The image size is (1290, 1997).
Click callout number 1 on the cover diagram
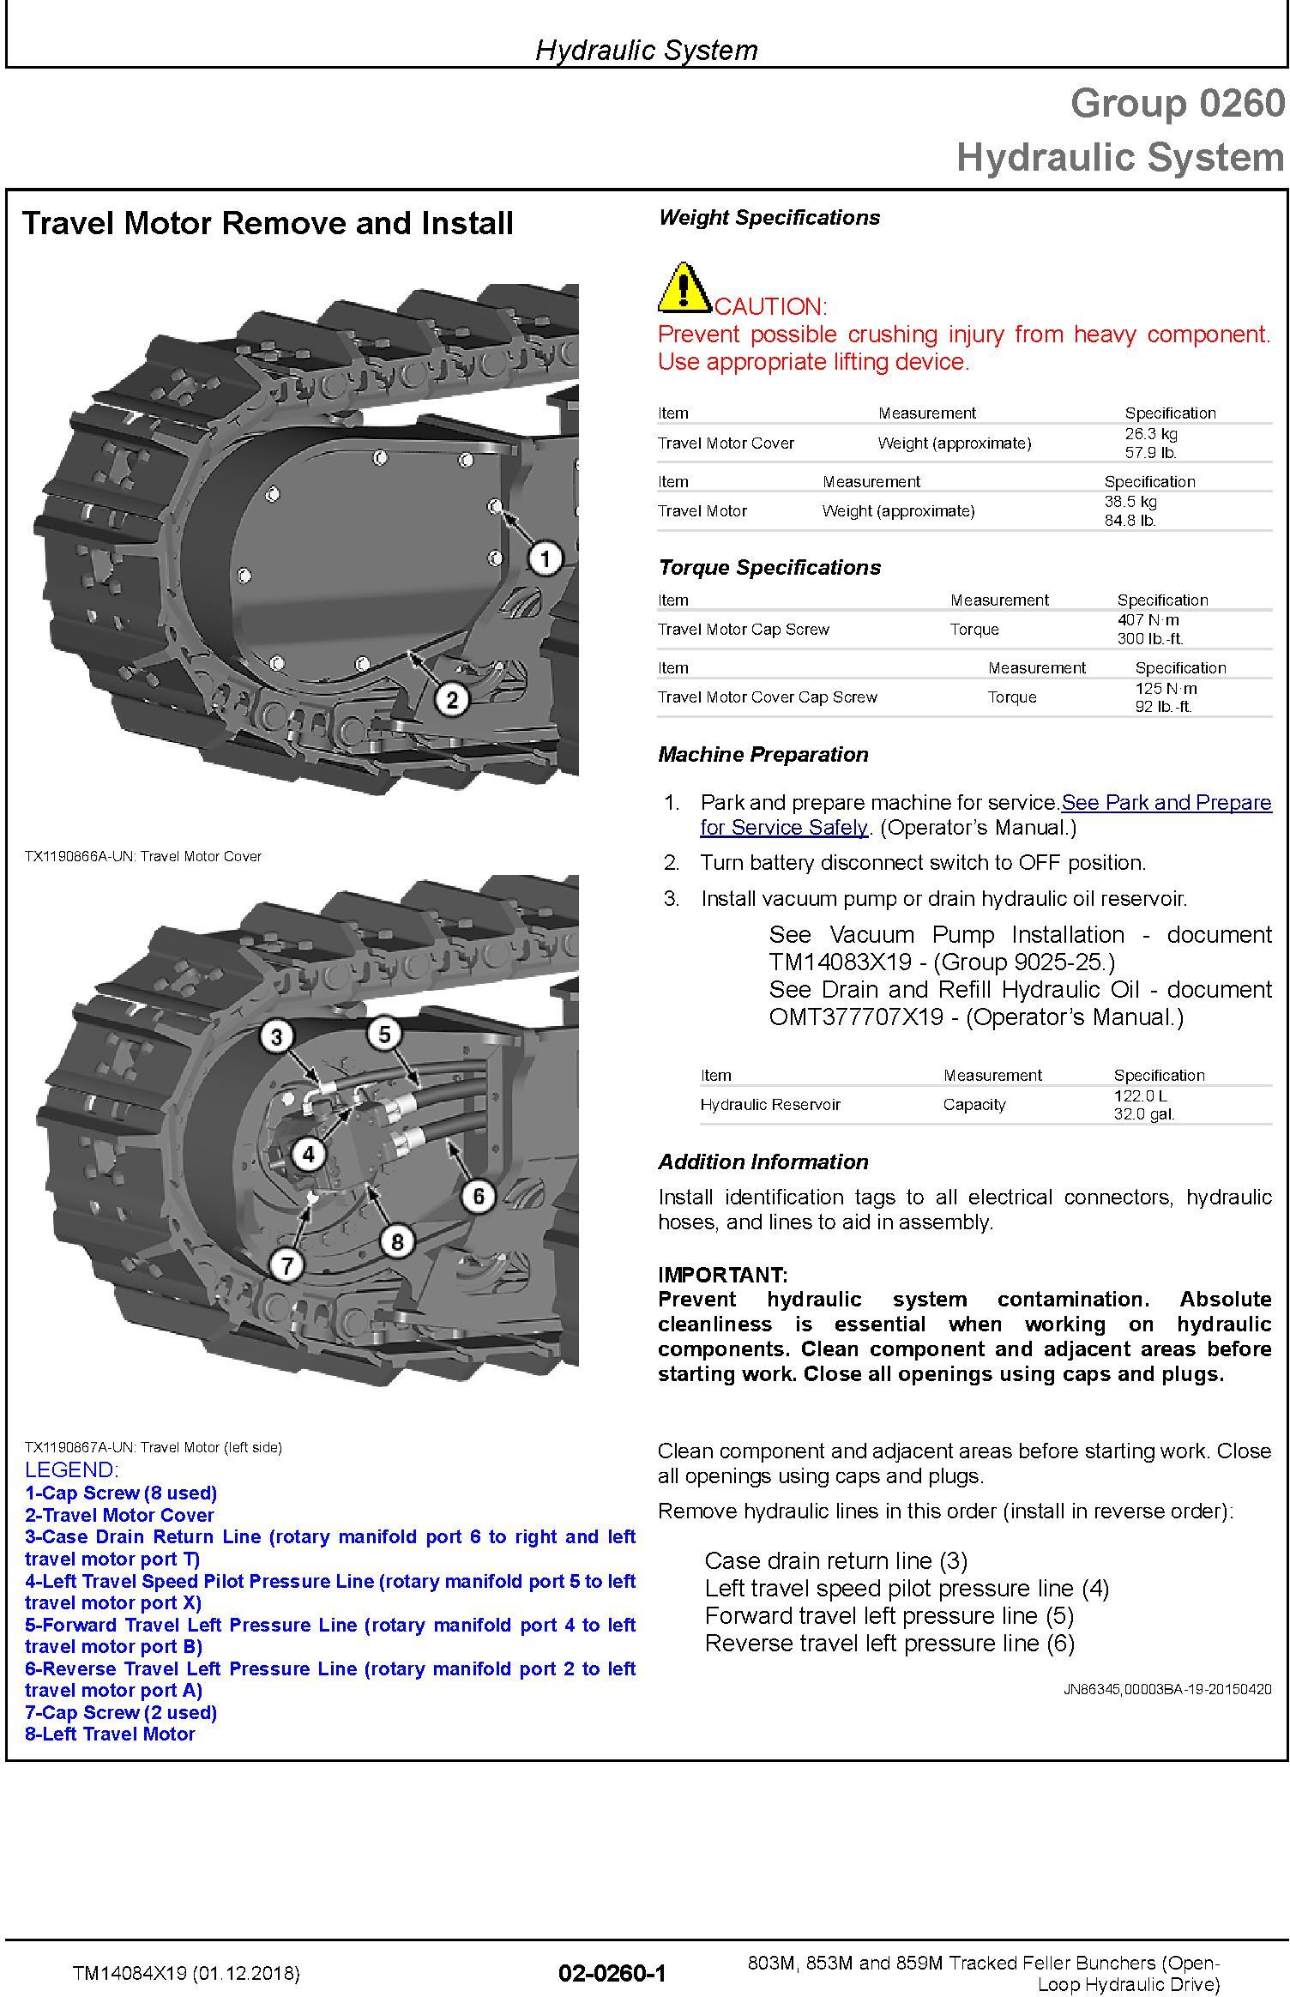pos(546,559)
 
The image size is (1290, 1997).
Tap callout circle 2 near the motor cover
pos(452,700)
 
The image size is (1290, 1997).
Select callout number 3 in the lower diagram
pos(276,1037)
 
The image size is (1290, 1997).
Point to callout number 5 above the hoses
pos(384,1034)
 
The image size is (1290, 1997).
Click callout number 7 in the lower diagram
pos(286,1264)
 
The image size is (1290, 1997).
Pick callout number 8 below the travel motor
pos(397,1241)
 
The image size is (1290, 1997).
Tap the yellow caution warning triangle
pos(683,288)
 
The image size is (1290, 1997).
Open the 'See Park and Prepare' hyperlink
pos(1166,802)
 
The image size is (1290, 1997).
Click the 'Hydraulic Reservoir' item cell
pos(769,1104)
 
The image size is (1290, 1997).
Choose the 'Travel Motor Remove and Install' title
pos(268,223)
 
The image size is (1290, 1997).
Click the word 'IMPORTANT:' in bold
pos(722,1274)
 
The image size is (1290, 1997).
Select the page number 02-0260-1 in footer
pos(612,1973)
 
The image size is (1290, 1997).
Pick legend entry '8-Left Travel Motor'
pos(110,1734)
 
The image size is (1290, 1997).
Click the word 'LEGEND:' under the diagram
pos(72,1469)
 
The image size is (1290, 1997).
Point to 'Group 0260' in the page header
pos(1177,104)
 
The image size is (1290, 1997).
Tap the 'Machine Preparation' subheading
pos(763,754)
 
